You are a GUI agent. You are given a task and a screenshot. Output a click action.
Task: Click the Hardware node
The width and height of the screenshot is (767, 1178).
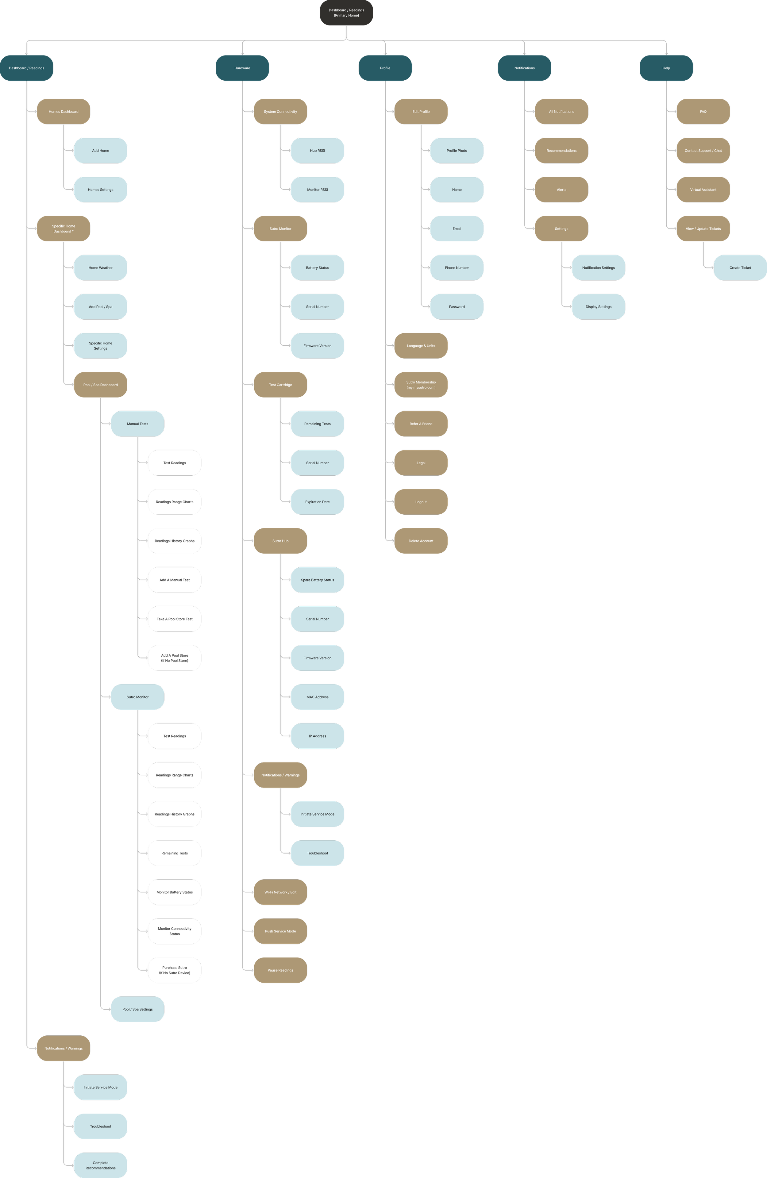click(x=242, y=68)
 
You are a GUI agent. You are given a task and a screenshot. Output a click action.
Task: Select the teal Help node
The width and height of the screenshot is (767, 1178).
click(x=666, y=68)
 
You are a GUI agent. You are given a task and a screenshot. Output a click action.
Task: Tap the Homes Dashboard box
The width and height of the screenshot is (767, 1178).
click(x=64, y=111)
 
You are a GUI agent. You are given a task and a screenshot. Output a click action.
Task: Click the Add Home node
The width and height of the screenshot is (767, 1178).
click(x=101, y=151)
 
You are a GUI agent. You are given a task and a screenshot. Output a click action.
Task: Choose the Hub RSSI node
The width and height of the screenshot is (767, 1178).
click(x=318, y=151)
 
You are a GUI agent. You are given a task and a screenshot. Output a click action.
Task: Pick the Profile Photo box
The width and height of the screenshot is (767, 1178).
click(x=457, y=151)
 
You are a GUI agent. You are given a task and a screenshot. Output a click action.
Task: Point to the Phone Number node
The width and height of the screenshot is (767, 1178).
click(x=457, y=268)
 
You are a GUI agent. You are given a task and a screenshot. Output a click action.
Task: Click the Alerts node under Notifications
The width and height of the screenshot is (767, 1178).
click(x=561, y=190)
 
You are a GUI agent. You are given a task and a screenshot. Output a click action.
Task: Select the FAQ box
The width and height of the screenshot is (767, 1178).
click(x=703, y=111)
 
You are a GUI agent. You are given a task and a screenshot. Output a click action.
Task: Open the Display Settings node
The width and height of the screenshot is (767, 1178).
click(x=598, y=307)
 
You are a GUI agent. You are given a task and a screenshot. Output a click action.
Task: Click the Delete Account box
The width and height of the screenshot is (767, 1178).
click(x=421, y=541)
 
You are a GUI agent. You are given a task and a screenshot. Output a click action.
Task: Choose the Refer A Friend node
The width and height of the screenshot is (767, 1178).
click(x=421, y=424)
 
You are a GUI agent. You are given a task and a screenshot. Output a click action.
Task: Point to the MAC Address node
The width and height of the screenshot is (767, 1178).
click(x=318, y=697)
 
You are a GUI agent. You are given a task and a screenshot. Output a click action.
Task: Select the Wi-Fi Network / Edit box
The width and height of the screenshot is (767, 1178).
click(x=280, y=892)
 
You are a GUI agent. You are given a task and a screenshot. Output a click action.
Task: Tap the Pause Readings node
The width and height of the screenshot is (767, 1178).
click(x=280, y=970)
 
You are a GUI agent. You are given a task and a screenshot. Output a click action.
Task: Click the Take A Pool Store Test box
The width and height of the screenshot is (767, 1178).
click(x=174, y=619)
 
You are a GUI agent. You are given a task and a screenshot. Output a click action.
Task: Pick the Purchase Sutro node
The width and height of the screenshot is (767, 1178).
click(x=174, y=970)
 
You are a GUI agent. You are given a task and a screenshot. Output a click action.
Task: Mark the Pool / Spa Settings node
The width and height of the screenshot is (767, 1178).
click(x=138, y=1009)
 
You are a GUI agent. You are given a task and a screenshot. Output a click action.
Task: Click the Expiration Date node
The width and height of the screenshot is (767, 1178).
click(x=318, y=502)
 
